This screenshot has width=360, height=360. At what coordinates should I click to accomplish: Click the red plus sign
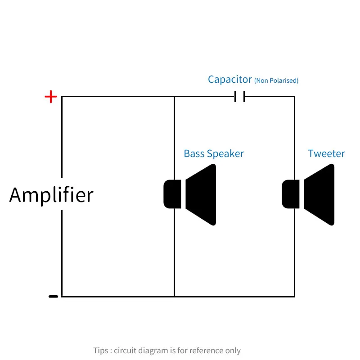[x=51, y=97]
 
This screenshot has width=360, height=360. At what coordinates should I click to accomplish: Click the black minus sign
[x=53, y=297]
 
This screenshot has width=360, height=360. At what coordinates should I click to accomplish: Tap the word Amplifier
[x=51, y=195]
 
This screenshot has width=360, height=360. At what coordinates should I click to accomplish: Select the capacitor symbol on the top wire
[x=240, y=96]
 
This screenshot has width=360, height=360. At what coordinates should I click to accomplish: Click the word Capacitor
[x=230, y=80]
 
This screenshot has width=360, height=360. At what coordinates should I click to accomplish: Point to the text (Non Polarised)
[x=276, y=81]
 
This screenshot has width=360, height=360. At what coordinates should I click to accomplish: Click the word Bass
[x=194, y=153]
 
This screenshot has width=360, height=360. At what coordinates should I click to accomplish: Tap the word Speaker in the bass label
[x=225, y=154]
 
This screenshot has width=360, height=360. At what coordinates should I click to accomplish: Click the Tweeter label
[x=326, y=153]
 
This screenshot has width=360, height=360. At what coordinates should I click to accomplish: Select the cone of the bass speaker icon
[x=201, y=194]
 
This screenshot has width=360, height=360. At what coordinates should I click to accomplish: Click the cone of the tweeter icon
[x=319, y=194]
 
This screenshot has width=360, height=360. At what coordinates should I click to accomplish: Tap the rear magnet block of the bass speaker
[x=172, y=194]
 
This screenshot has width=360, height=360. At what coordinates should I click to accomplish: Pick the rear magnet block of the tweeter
[x=291, y=194]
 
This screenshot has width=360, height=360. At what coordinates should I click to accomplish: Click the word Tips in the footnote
[x=100, y=351]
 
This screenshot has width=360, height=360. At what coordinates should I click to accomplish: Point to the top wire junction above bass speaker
[x=175, y=97]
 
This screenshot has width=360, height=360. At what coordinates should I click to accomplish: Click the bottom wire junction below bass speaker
[x=175, y=297]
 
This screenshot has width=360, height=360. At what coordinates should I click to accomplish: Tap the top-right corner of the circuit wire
[x=295, y=97]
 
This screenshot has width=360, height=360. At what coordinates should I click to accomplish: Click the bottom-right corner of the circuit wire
[x=295, y=297]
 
